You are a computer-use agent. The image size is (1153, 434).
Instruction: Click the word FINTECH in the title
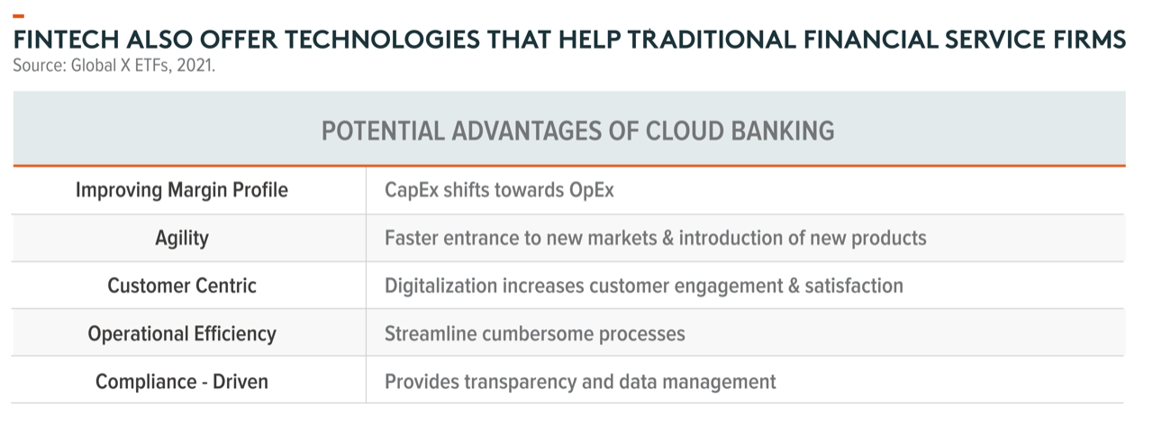(67, 40)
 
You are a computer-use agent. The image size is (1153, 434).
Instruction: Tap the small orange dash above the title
(19, 16)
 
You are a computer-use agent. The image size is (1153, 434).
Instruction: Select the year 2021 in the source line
(195, 66)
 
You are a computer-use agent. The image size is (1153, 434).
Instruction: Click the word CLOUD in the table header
(685, 131)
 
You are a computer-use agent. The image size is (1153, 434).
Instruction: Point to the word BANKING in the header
(783, 131)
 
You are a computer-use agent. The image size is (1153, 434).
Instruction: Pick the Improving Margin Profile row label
(182, 190)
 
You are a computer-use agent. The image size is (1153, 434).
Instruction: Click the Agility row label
(182, 239)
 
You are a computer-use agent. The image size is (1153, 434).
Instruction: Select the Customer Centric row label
(182, 286)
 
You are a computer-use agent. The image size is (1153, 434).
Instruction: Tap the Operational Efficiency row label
(182, 334)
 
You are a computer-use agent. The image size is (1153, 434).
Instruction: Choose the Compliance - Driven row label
(182, 382)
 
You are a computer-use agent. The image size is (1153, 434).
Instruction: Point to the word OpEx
(592, 190)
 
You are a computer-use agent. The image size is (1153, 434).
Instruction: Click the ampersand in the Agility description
(667, 238)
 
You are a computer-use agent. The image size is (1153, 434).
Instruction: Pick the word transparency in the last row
(520, 382)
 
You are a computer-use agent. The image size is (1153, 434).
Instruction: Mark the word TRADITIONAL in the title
(712, 40)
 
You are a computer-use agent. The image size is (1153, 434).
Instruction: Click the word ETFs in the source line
(153, 66)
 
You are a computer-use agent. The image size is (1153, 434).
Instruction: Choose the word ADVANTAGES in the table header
(527, 131)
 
